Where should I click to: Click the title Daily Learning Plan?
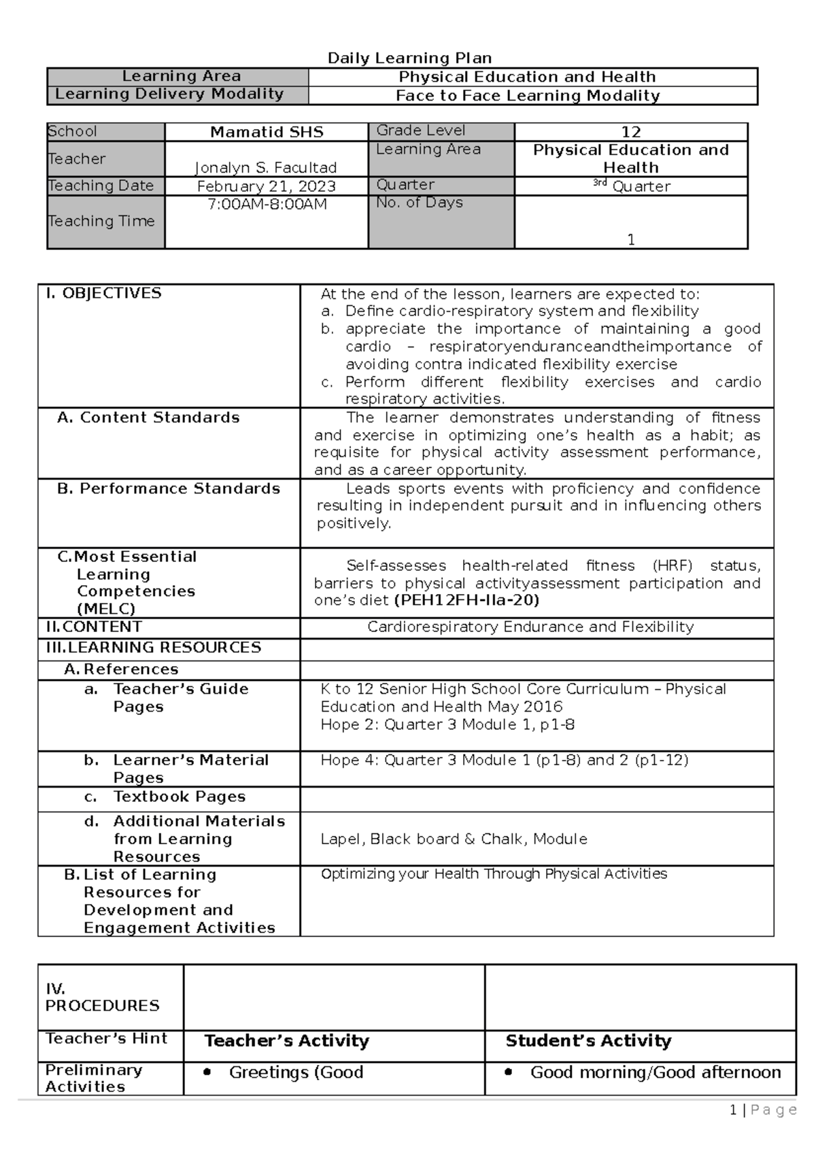[x=409, y=58]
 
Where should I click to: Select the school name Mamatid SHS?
[x=267, y=132]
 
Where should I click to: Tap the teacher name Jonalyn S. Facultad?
[x=266, y=167]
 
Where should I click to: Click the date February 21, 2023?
[x=266, y=186]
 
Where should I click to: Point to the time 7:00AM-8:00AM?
[x=267, y=204]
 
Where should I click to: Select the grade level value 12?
[x=630, y=132]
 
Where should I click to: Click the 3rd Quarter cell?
[x=631, y=186]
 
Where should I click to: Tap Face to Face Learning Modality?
[x=528, y=96]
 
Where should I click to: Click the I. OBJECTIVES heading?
[x=103, y=293]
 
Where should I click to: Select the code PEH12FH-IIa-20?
[x=466, y=600]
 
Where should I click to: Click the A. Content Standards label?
[x=148, y=417]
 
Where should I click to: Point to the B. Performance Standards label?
[x=169, y=488]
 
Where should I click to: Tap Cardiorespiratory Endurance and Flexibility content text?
[x=530, y=627]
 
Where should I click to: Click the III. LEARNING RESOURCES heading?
[x=154, y=647]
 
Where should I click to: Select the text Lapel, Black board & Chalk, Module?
[x=454, y=839]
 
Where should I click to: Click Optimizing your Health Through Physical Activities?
[x=494, y=873]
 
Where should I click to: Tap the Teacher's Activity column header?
[x=286, y=1041]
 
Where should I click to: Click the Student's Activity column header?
[x=588, y=1041]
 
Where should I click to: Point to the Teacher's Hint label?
[x=106, y=1038]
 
